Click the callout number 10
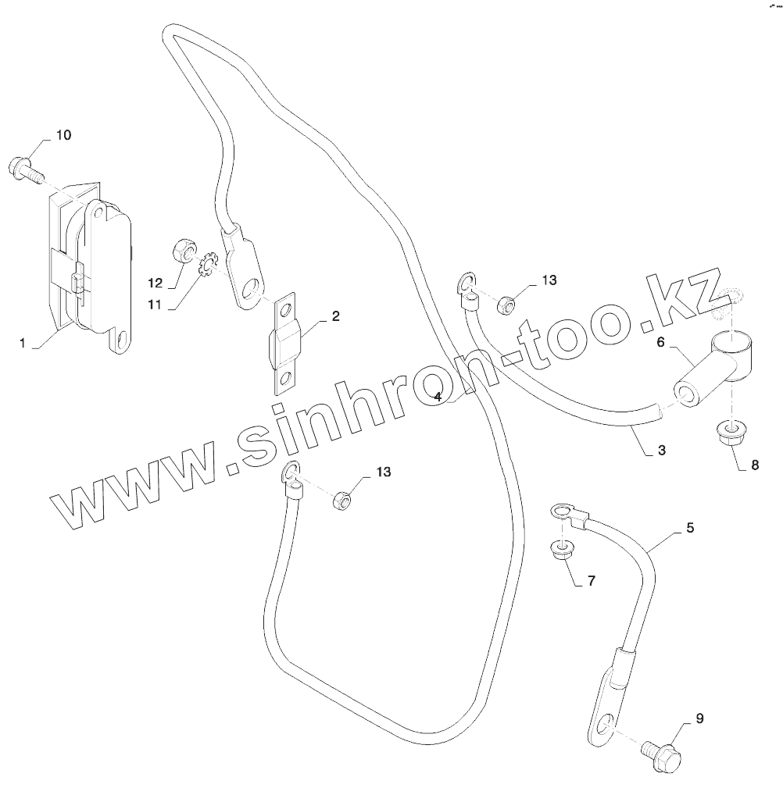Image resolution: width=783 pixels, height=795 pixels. click(63, 135)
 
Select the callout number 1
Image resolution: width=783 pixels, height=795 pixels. click(23, 343)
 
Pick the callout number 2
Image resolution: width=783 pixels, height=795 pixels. click(335, 316)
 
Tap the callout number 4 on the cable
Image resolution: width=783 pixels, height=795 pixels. click(438, 397)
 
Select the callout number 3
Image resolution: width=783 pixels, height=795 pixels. click(661, 450)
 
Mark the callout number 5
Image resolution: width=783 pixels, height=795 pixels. click(690, 528)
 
